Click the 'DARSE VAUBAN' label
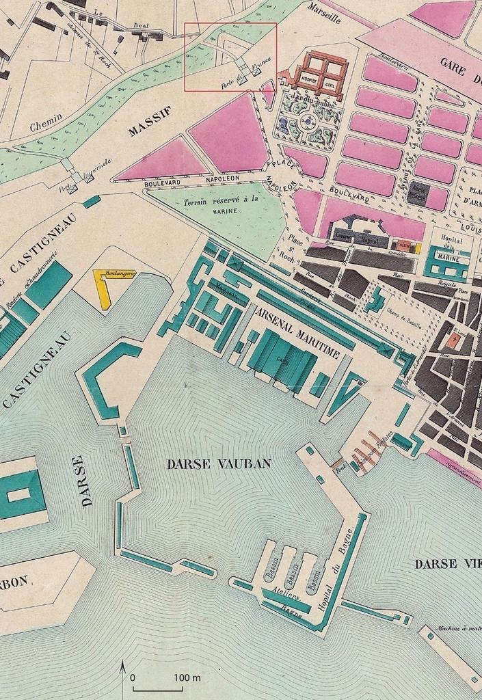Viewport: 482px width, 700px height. [x=219, y=463]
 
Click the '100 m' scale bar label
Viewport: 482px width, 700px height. [x=187, y=677]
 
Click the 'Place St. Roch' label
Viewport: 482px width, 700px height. [x=295, y=247]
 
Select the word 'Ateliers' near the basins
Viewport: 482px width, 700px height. [x=286, y=592]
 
